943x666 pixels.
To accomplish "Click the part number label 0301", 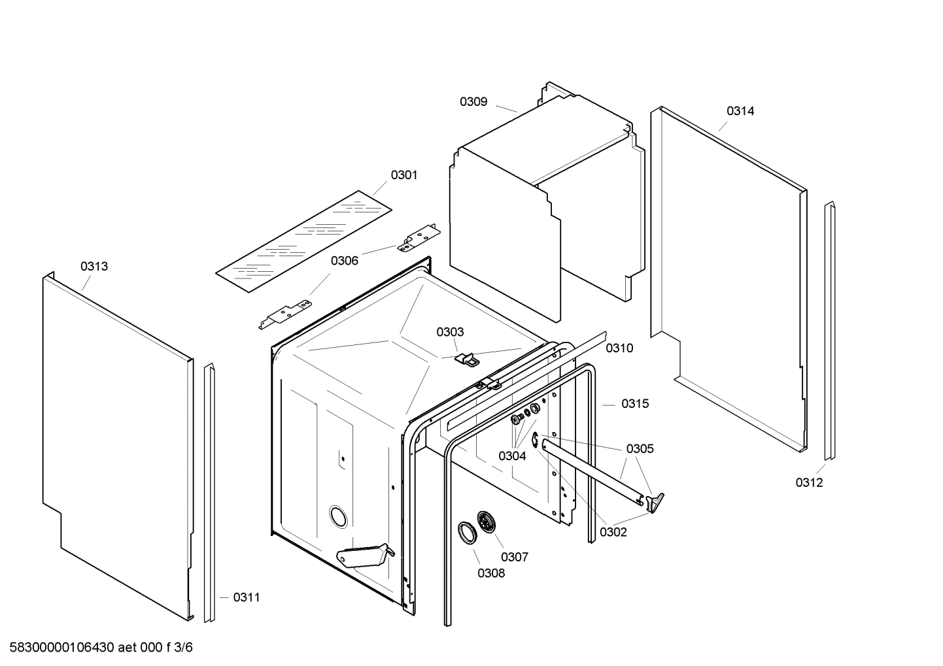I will pyautogui.click(x=404, y=175).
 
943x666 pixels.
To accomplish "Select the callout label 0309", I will pyautogui.click(x=473, y=101).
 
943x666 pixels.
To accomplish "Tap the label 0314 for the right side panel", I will pyautogui.click(x=740, y=111).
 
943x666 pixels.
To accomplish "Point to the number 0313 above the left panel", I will pyautogui.click(x=94, y=266).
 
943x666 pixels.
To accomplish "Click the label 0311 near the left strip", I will pyautogui.click(x=247, y=597).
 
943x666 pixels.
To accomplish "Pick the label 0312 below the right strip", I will pyautogui.click(x=809, y=482).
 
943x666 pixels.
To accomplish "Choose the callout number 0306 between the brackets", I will pyautogui.click(x=344, y=261).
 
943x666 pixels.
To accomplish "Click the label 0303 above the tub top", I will pyautogui.click(x=450, y=332).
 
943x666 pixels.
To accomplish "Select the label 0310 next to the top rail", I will pyautogui.click(x=619, y=348).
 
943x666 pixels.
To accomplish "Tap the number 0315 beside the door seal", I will pyautogui.click(x=634, y=404).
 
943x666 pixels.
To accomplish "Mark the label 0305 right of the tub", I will pyautogui.click(x=640, y=448).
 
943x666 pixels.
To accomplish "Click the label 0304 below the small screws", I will pyautogui.click(x=512, y=456).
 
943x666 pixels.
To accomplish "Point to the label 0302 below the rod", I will pyautogui.click(x=613, y=532).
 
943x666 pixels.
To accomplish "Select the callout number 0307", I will pyautogui.click(x=515, y=557).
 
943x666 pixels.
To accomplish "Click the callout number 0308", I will pyautogui.click(x=491, y=573).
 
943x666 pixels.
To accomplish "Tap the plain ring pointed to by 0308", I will pyautogui.click(x=466, y=532).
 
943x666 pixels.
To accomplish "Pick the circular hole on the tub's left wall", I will pyautogui.click(x=339, y=516).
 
